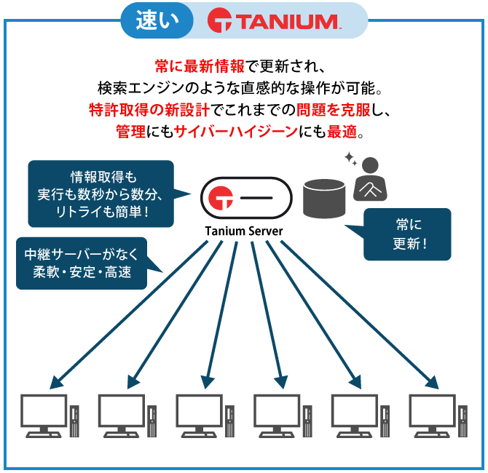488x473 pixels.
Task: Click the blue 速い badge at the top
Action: click(x=157, y=21)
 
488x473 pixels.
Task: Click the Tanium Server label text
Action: click(x=244, y=231)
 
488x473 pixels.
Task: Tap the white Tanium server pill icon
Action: click(x=244, y=198)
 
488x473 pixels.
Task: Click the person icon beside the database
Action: click(x=371, y=180)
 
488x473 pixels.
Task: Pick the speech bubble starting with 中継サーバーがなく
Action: click(x=82, y=263)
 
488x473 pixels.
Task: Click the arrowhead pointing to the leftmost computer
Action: click(x=55, y=381)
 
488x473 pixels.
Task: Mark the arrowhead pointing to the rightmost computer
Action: click(x=433, y=381)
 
